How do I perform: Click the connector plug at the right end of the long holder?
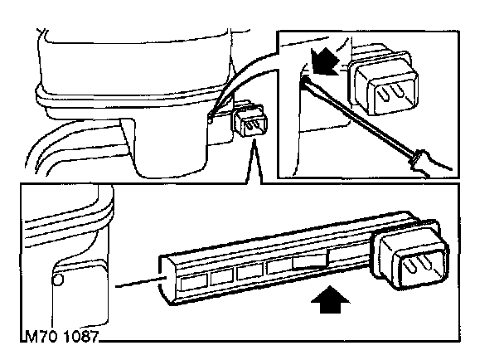414,259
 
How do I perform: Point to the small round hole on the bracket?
57,280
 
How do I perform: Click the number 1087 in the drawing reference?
78,338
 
